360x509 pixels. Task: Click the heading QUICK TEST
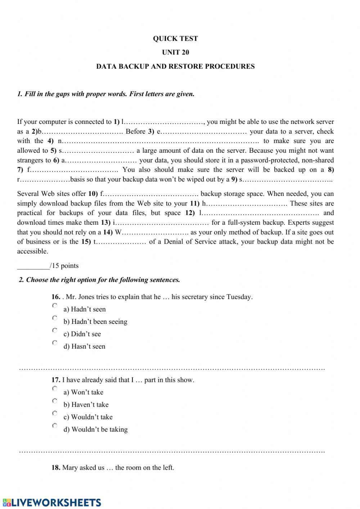point(175,39)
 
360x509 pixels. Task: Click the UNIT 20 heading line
point(175,52)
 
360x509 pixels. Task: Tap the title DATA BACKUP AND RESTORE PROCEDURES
point(175,66)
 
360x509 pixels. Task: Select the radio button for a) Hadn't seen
point(55,306)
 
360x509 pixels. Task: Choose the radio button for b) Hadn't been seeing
point(55,318)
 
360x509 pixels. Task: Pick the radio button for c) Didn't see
point(55,330)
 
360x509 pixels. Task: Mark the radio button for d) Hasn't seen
point(55,343)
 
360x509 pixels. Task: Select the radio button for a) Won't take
point(55,389)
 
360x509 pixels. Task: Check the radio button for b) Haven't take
point(55,401)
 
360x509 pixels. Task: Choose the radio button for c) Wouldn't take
point(55,413)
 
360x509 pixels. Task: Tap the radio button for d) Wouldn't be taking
point(55,426)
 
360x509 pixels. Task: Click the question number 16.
point(56,297)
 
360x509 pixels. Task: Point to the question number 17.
point(56,380)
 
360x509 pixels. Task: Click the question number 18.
point(56,468)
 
